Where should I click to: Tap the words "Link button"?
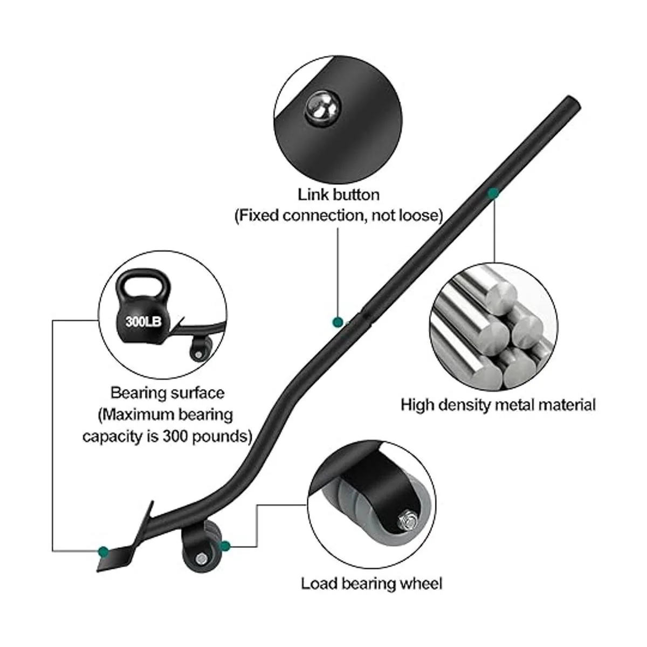pyautogui.click(x=339, y=194)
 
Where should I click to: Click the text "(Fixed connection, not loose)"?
pyautogui.click(x=339, y=215)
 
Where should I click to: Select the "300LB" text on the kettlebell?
pyautogui.click(x=140, y=322)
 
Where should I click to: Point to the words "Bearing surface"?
pyautogui.click(x=167, y=393)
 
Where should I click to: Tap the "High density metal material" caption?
pyautogui.click(x=498, y=405)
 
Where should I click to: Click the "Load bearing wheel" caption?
pyautogui.click(x=372, y=583)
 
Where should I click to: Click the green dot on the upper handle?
pyautogui.click(x=493, y=193)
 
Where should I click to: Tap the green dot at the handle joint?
pyautogui.click(x=338, y=322)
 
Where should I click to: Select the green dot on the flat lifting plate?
pyautogui.click(x=103, y=551)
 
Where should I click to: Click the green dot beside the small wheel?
pyautogui.click(x=225, y=546)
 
